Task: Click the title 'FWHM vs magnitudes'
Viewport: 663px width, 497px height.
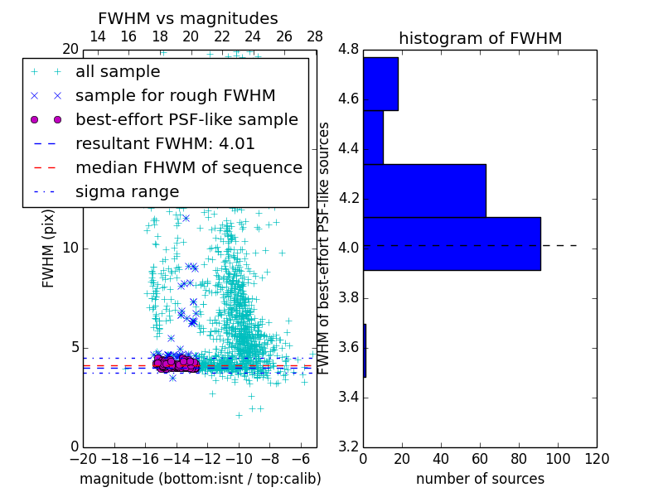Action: tap(187, 18)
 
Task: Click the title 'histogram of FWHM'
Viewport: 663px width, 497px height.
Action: tap(480, 38)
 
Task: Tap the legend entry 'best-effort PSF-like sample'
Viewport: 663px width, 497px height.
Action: tap(186, 120)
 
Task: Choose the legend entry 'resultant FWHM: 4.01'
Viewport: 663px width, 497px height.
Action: tap(165, 144)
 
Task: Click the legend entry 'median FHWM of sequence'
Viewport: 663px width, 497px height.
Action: tap(188, 168)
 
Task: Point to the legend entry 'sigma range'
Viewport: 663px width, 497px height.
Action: tap(127, 192)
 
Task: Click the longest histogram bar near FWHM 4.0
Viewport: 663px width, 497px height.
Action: tap(452, 244)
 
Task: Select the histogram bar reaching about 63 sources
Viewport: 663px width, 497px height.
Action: tap(424, 191)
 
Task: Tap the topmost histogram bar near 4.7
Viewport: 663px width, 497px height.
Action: tap(380, 84)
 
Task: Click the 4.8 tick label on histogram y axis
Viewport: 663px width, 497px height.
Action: tap(349, 49)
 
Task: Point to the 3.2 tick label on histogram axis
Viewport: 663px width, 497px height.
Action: tap(349, 446)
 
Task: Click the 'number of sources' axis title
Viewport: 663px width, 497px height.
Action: tap(480, 479)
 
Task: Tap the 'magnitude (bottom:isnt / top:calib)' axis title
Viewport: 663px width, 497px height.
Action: tap(200, 479)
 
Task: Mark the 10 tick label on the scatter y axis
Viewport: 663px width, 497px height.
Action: tap(70, 248)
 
